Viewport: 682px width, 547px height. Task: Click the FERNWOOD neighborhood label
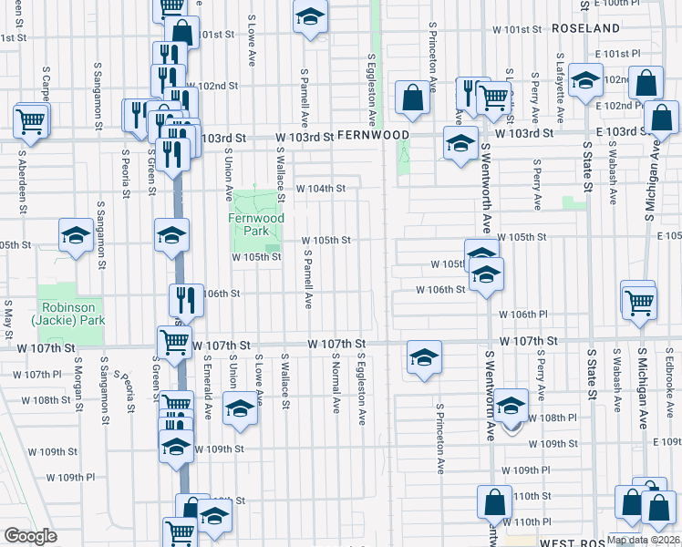[373, 134]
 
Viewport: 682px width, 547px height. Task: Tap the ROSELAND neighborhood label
[586, 28]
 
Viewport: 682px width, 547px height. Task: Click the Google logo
[30, 536]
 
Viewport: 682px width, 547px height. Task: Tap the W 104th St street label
[321, 189]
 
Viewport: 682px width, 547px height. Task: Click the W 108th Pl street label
[558, 418]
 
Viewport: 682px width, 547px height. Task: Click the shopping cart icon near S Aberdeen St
[31, 119]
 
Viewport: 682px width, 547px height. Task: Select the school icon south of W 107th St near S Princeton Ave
[424, 357]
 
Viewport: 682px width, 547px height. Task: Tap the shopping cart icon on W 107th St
[174, 344]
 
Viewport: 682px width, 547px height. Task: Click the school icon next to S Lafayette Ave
[585, 80]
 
